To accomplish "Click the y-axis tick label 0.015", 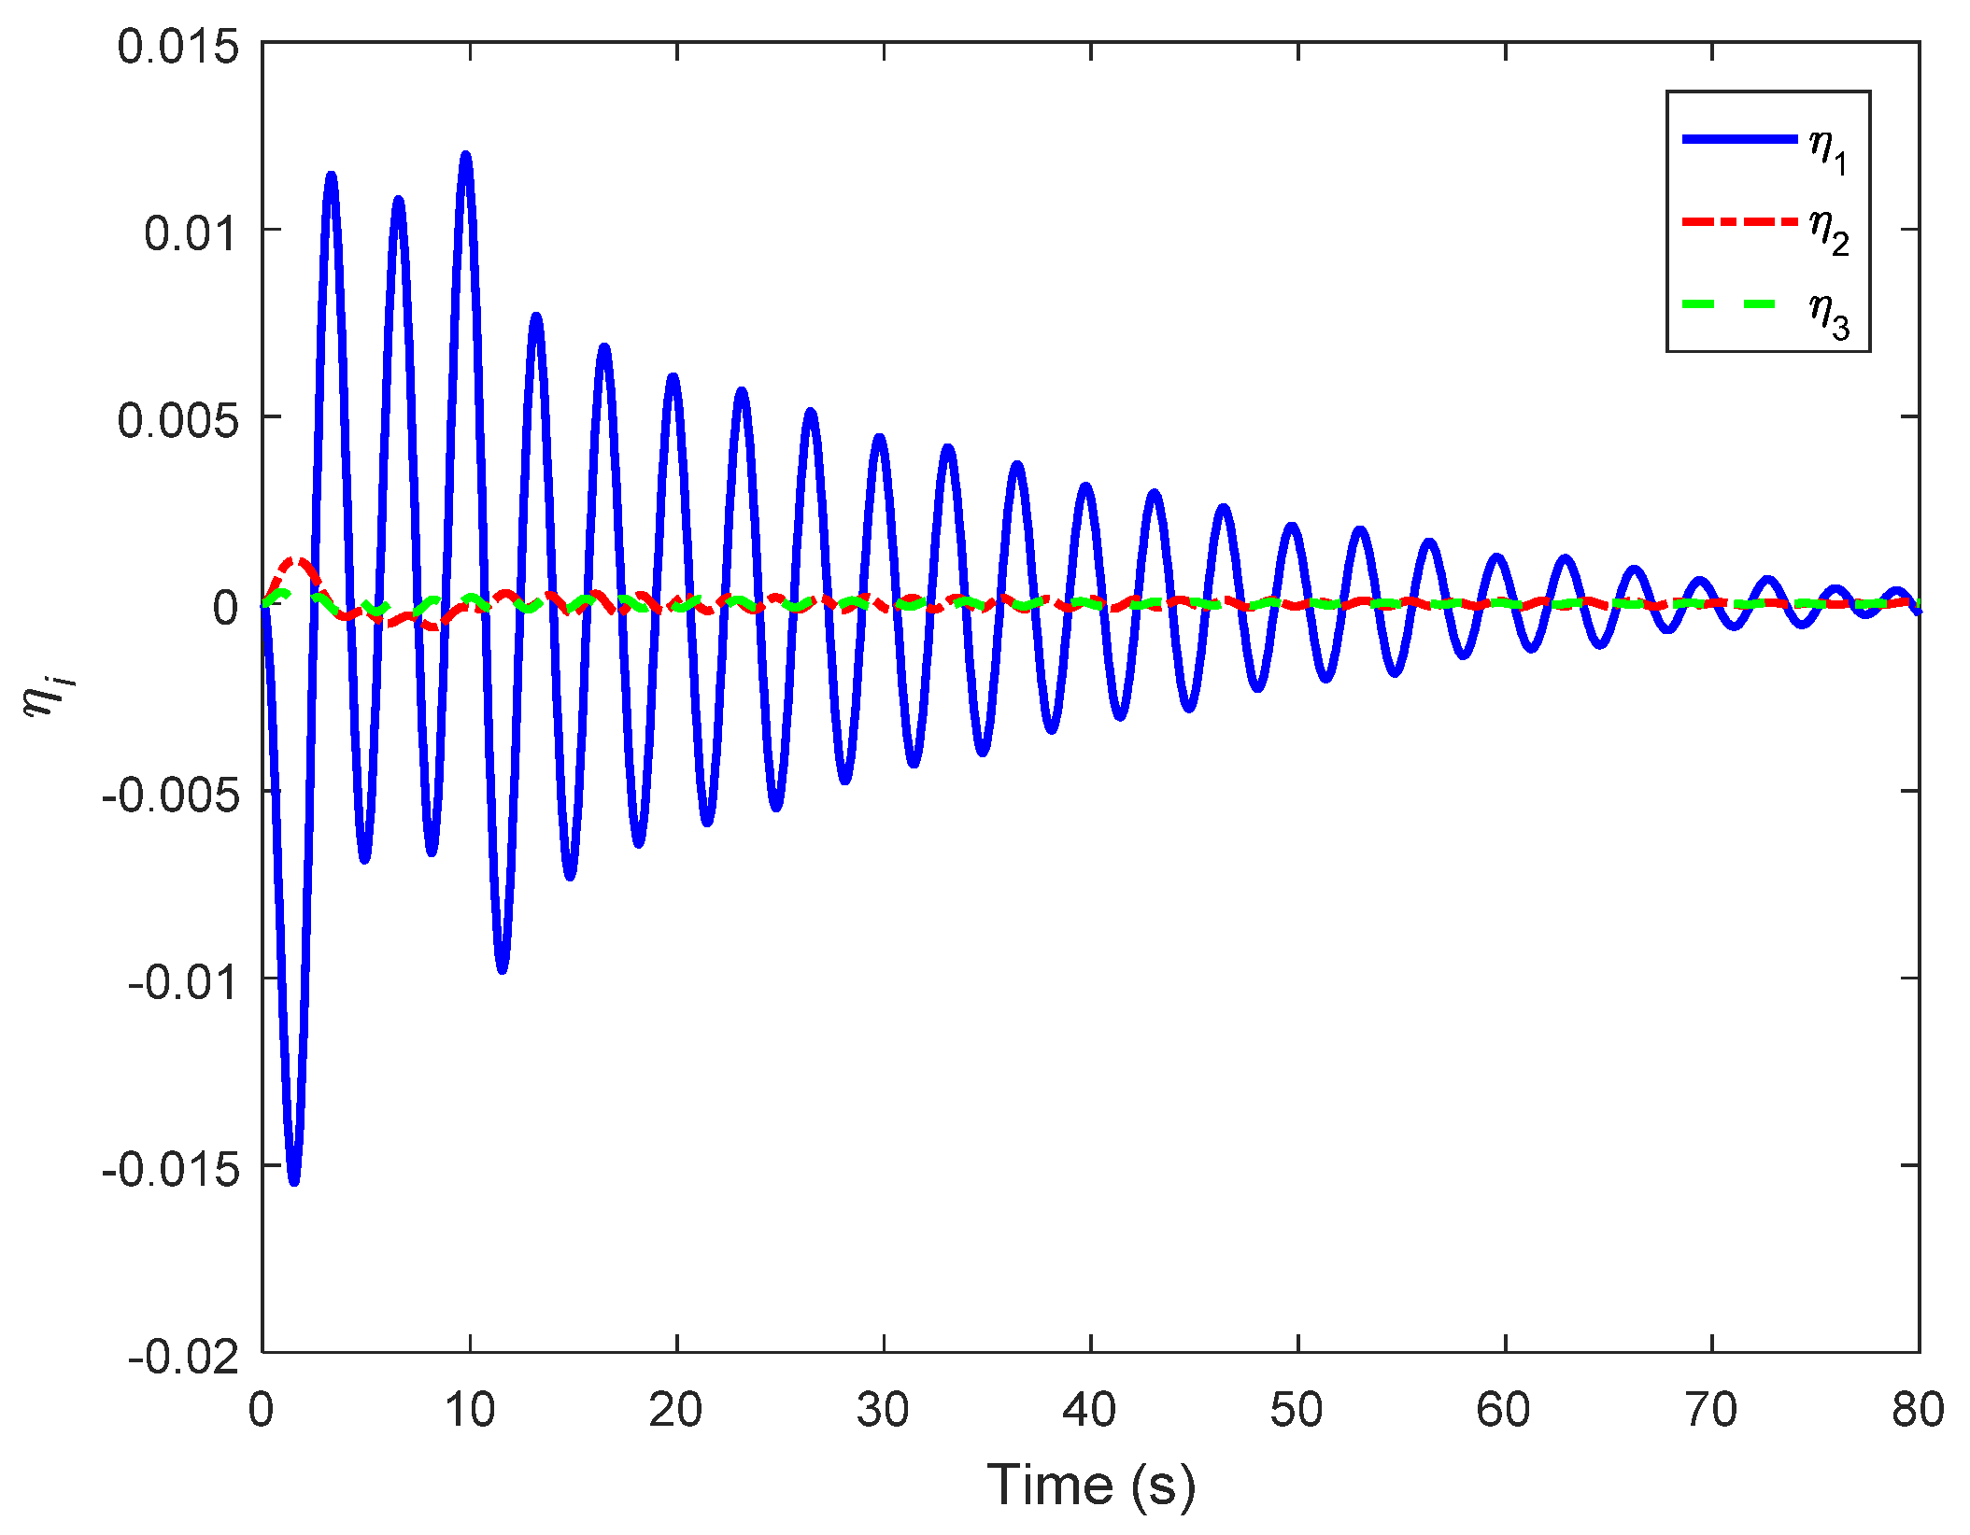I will [177, 47].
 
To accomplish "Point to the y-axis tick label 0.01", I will [191, 233].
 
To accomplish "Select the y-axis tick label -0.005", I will [170, 795].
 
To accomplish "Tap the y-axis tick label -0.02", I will [183, 1356].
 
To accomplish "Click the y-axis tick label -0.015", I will [170, 1169].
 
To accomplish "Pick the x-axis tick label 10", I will [469, 1410].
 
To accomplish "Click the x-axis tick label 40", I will [1090, 1410].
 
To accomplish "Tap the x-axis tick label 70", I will [1711, 1410].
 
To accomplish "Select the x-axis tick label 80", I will [1918, 1410].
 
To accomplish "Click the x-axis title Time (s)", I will [1090, 1485].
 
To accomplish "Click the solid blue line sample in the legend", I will [1739, 139].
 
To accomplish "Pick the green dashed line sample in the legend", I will [1739, 304].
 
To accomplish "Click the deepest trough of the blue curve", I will [294, 1181].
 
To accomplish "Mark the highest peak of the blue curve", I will [465, 155].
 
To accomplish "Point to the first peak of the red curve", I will [297, 560].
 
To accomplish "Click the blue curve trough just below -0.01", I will [503, 969].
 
